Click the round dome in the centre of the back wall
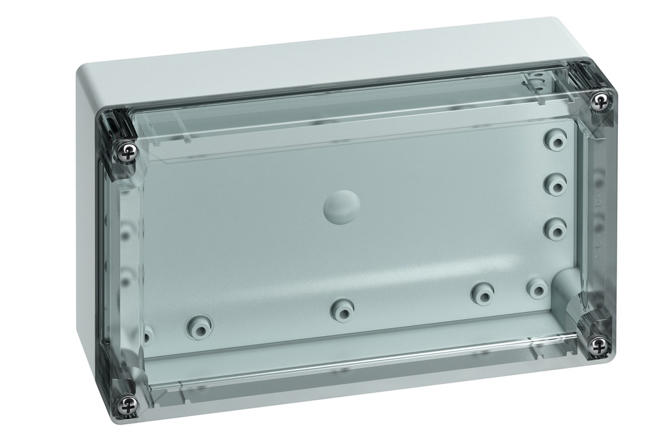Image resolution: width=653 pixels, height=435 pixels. point(342,208)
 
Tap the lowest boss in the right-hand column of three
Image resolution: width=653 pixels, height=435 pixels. point(555,227)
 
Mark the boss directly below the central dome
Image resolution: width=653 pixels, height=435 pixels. point(342,309)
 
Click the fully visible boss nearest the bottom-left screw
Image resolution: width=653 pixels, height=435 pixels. point(198,327)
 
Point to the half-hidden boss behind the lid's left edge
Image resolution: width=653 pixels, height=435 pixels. point(147,333)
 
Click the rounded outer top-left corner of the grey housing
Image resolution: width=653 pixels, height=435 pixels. point(86,67)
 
